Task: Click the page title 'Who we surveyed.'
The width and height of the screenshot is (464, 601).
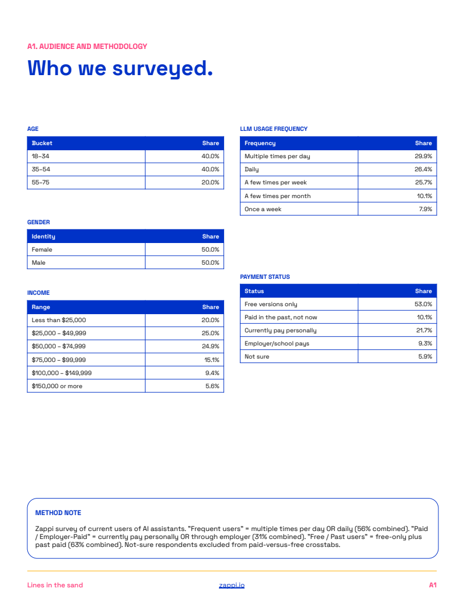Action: (120, 69)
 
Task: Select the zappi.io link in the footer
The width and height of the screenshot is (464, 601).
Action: (231, 585)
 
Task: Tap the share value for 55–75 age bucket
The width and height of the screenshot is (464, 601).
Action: (210, 183)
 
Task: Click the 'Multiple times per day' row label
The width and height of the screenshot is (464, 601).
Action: (277, 157)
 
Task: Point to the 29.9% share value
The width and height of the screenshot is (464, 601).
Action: (423, 157)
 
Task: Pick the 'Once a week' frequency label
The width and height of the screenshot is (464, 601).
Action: (263, 209)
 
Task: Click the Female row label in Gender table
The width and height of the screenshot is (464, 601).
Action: (42, 249)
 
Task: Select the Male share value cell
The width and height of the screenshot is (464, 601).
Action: (210, 262)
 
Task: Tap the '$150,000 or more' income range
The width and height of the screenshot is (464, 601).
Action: (57, 386)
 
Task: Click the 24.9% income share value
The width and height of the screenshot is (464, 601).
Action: (210, 346)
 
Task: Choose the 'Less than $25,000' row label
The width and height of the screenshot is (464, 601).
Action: (59, 320)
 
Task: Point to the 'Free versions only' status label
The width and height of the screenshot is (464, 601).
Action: (271, 304)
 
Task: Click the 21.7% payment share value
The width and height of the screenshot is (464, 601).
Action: (424, 331)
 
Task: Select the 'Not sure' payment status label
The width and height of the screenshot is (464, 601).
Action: (257, 356)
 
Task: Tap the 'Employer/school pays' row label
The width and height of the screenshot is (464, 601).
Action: (277, 343)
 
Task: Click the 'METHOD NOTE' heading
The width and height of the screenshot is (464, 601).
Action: (58, 513)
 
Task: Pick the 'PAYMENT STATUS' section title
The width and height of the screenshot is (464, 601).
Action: (265, 277)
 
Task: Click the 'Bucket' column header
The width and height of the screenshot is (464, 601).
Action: (42, 143)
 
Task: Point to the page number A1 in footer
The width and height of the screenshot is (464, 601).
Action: (433, 585)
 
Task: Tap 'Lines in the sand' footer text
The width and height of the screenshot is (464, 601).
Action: (55, 585)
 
